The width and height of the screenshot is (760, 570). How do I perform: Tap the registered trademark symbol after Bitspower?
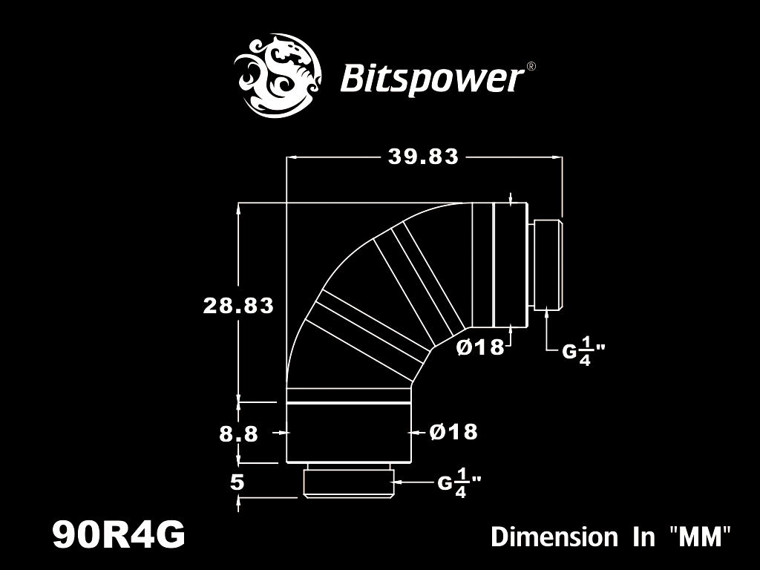(x=531, y=66)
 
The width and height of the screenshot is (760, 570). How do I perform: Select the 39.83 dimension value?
(x=423, y=157)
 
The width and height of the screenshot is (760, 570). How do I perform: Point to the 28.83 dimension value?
(x=238, y=306)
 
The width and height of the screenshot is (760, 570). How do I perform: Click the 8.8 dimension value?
(x=238, y=433)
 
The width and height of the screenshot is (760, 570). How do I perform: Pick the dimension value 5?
(x=237, y=482)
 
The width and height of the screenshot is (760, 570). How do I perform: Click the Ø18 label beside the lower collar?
(x=453, y=431)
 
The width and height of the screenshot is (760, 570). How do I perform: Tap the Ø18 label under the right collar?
(x=480, y=347)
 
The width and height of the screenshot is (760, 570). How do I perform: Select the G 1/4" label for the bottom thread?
(x=459, y=482)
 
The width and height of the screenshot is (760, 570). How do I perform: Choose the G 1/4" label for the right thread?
(x=583, y=351)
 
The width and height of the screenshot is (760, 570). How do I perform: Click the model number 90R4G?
(x=119, y=534)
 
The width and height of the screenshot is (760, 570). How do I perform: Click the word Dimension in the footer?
(x=554, y=537)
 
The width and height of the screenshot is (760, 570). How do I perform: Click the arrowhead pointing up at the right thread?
(x=547, y=313)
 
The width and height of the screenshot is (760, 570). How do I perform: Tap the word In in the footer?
(x=643, y=537)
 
